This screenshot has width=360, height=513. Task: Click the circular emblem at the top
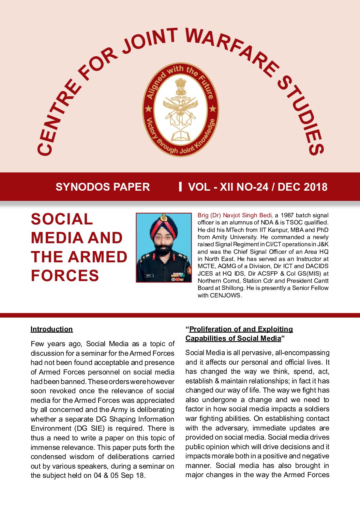(x=180, y=109)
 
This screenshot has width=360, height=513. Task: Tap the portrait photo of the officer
(x=164, y=248)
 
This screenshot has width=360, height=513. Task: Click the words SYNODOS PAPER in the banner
(x=103, y=187)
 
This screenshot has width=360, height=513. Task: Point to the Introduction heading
(x=51, y=329)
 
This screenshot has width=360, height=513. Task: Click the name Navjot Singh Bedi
(x=247, y=215)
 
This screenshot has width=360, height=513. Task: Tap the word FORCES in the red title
(x=65, y=276)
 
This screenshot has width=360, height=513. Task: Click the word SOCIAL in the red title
(x=62, y=219)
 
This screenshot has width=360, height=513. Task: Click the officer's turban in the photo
(x=164, y=226)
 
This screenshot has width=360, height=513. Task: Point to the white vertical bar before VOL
(x=180, y=187)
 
